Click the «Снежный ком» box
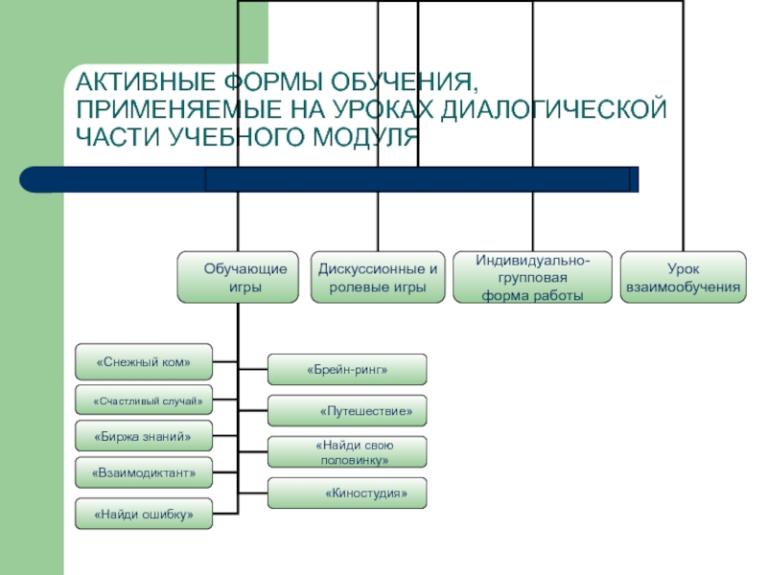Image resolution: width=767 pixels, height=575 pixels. click(x=144, y=362)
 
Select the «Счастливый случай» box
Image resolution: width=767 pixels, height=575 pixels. click(x=144, y=400)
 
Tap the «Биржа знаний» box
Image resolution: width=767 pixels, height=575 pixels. click(x=144, y=437)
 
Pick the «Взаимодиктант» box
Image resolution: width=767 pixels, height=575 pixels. click(x=144, y=473)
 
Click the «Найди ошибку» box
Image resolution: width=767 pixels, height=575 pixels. click(x=144, y=514)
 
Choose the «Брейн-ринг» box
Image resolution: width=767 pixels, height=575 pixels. click(x=347, y=369)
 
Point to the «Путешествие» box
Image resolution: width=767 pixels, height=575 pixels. click(x=347, y=411)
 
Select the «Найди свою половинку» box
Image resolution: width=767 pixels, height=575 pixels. click(x=347, y=452)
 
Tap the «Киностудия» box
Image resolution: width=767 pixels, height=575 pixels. click(x=347, y=494)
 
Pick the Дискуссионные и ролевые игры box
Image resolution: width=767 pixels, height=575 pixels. click(x=378, y=277)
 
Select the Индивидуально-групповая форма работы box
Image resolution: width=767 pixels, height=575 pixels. click(x=532, y=277)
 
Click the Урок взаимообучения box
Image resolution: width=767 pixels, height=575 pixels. click(x=683, y=277)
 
